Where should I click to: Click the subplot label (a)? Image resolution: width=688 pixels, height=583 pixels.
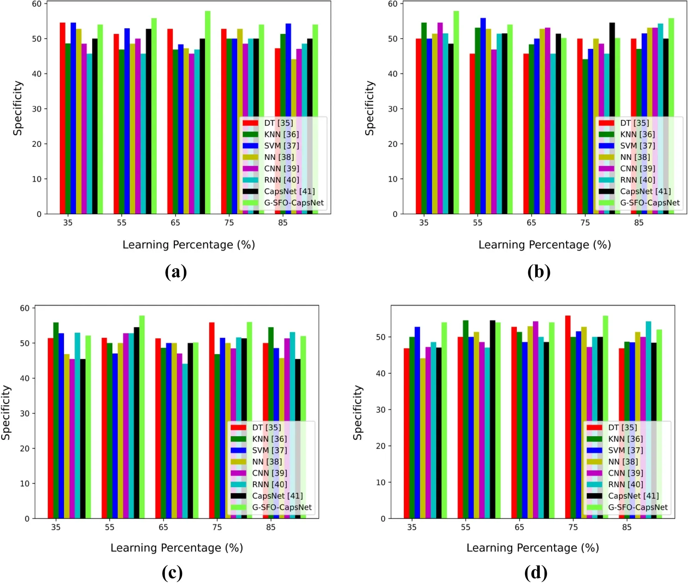tap(176, 272)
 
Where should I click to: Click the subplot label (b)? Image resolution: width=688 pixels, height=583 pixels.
tap(539, 272)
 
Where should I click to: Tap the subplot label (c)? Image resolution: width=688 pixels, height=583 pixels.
tap(172, 573)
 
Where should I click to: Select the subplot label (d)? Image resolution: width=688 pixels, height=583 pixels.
tap(535, 573)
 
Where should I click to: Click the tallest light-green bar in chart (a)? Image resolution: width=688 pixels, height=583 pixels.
tap(208, 113)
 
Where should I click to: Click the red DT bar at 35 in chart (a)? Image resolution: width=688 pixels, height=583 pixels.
tap(62, 118)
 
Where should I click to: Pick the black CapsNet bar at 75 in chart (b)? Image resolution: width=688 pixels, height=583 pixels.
tap(612, 118)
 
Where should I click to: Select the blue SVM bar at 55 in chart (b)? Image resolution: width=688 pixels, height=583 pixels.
tap(483, 116)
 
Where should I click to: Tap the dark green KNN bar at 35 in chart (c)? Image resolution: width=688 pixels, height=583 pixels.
tap(56, 420)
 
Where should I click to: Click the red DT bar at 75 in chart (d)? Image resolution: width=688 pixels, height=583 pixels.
tap(568, 417)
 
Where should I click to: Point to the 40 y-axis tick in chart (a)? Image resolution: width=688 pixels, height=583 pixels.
tap(37, 74)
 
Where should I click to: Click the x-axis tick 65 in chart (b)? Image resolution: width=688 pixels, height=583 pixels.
tap(531, 223)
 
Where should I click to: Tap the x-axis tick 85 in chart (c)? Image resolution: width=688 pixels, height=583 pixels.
tap(271, 527)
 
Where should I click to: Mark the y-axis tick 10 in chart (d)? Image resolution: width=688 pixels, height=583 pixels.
tap(380, 482)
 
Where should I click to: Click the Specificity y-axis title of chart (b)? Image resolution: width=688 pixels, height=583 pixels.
tap(370, 108)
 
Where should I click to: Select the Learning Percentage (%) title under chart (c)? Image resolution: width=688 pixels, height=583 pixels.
tap(177, 548)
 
